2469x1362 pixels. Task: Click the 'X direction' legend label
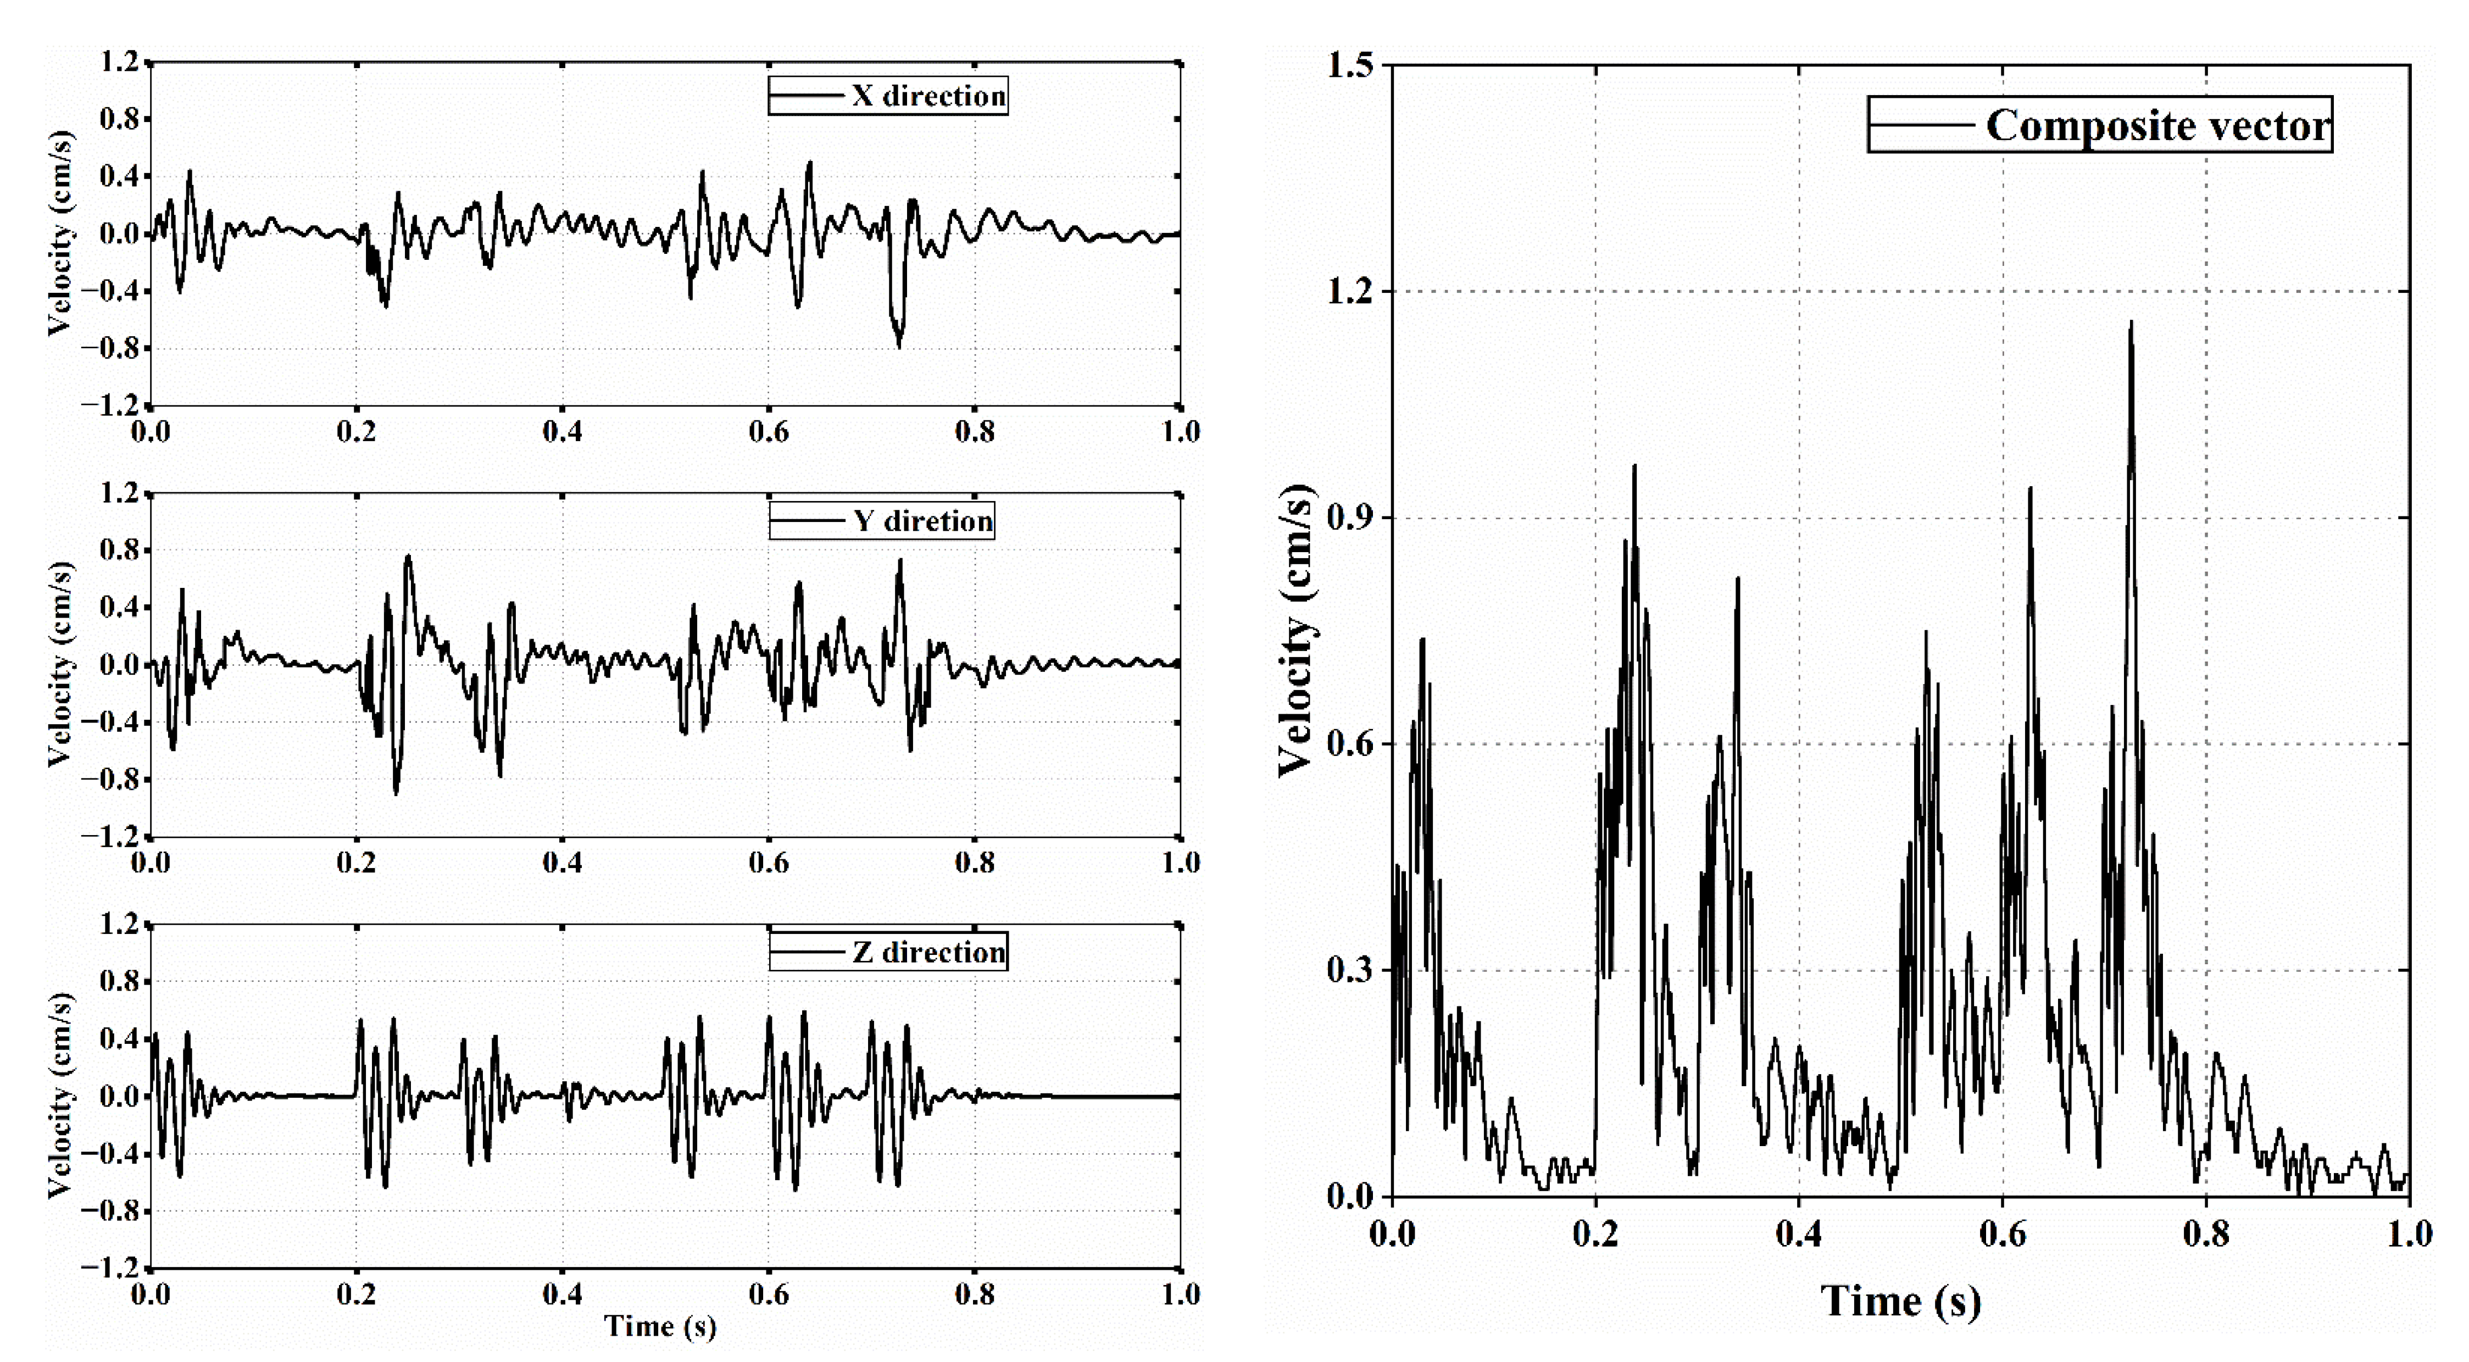[928, 96]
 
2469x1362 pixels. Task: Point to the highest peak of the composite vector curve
[2131, 323]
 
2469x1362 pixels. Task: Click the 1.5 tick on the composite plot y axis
[1352, 65]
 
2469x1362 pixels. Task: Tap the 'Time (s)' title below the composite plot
[1900, 1300]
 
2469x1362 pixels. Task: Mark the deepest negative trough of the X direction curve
[899, 346]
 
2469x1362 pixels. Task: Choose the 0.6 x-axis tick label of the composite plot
[2002, 1233]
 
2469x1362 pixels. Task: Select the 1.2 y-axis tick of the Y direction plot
[120, 493]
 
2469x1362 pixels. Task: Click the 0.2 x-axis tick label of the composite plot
[1595, 1233]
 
